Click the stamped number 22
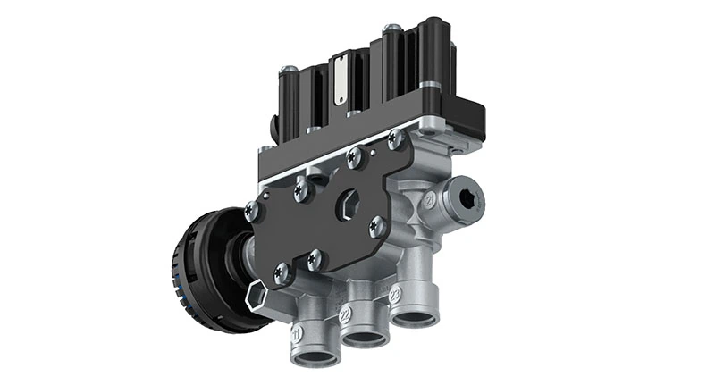point(346,313)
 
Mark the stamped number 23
point(393,292)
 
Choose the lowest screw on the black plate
point(283,274)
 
